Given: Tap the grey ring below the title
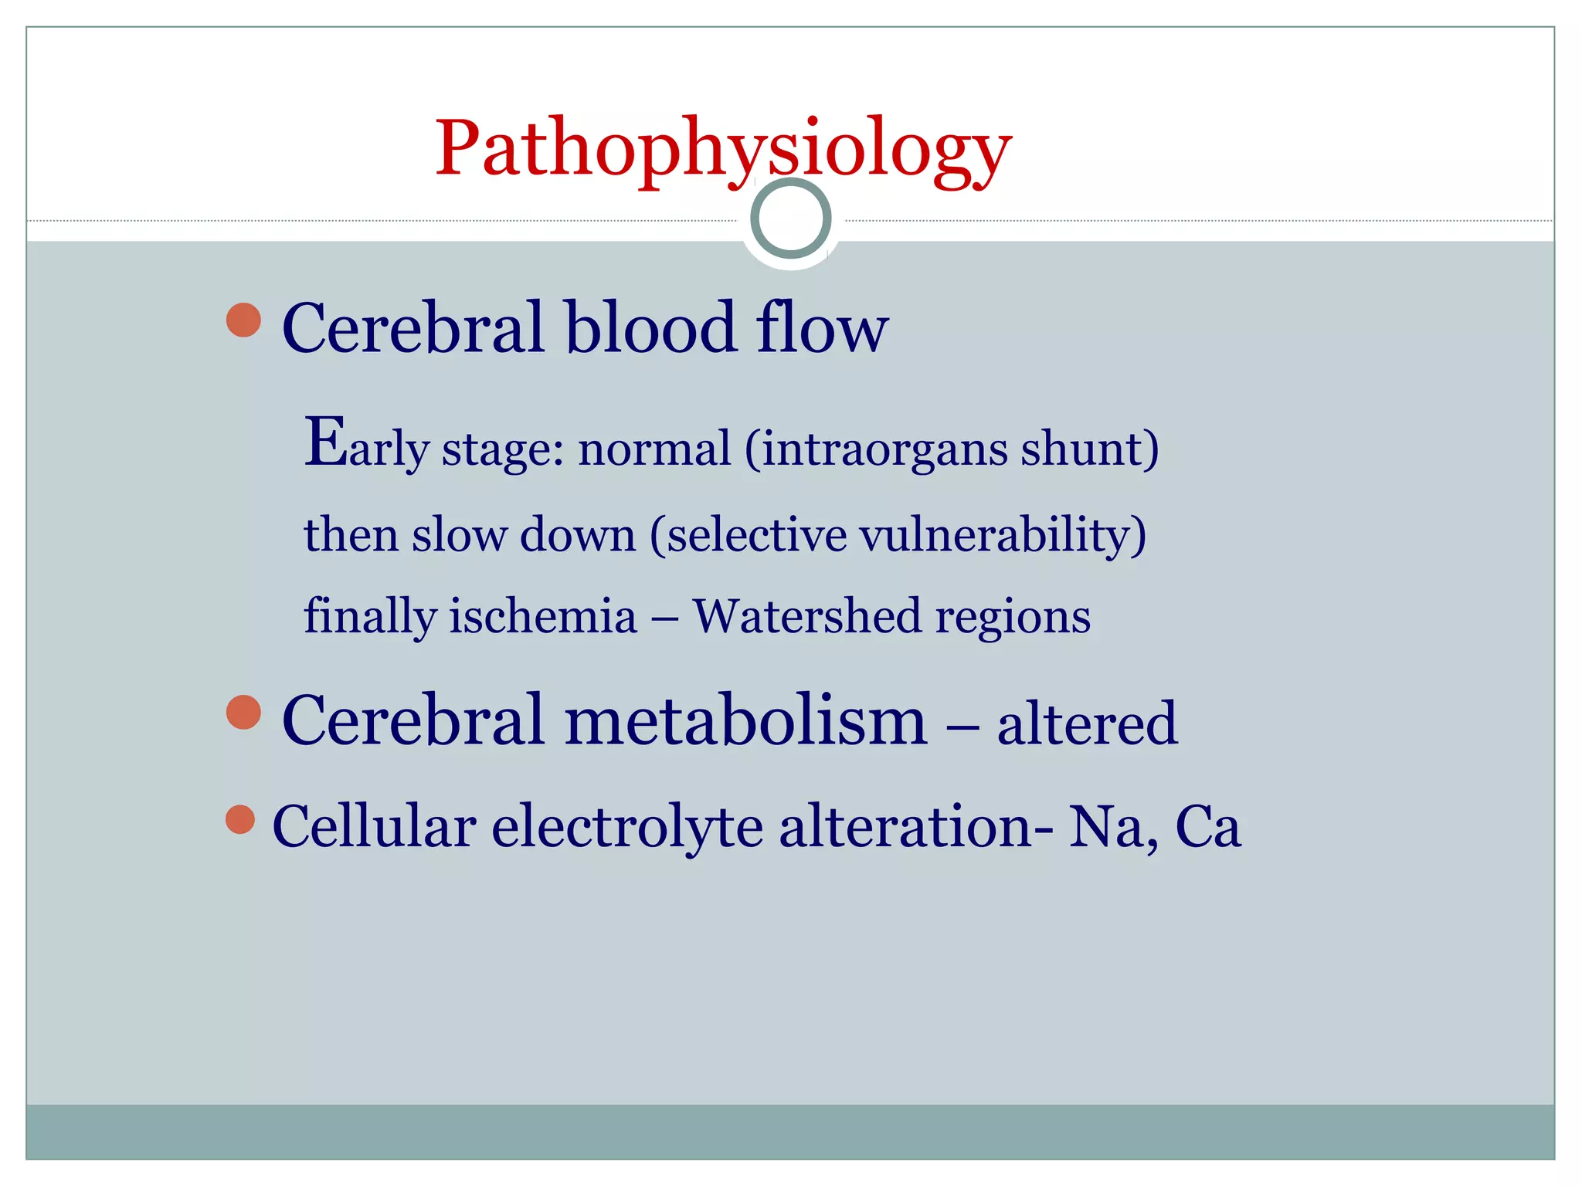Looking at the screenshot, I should pos(791,218).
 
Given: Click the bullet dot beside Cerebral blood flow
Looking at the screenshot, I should pos(244,320).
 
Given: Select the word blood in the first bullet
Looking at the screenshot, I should pos(650,327).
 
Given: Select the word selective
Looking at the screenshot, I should pos(757,534).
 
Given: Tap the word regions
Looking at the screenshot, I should pos(1013,618).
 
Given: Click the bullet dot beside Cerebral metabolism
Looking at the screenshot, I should pos(244,712).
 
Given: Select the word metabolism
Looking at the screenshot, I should pos(745,720).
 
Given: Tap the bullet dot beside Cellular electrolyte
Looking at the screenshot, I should pos(241,820).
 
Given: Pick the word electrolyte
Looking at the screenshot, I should pos(627,826).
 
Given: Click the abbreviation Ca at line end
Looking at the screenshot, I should pos(1207,826).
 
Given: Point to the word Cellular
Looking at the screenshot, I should pos(374,826).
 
